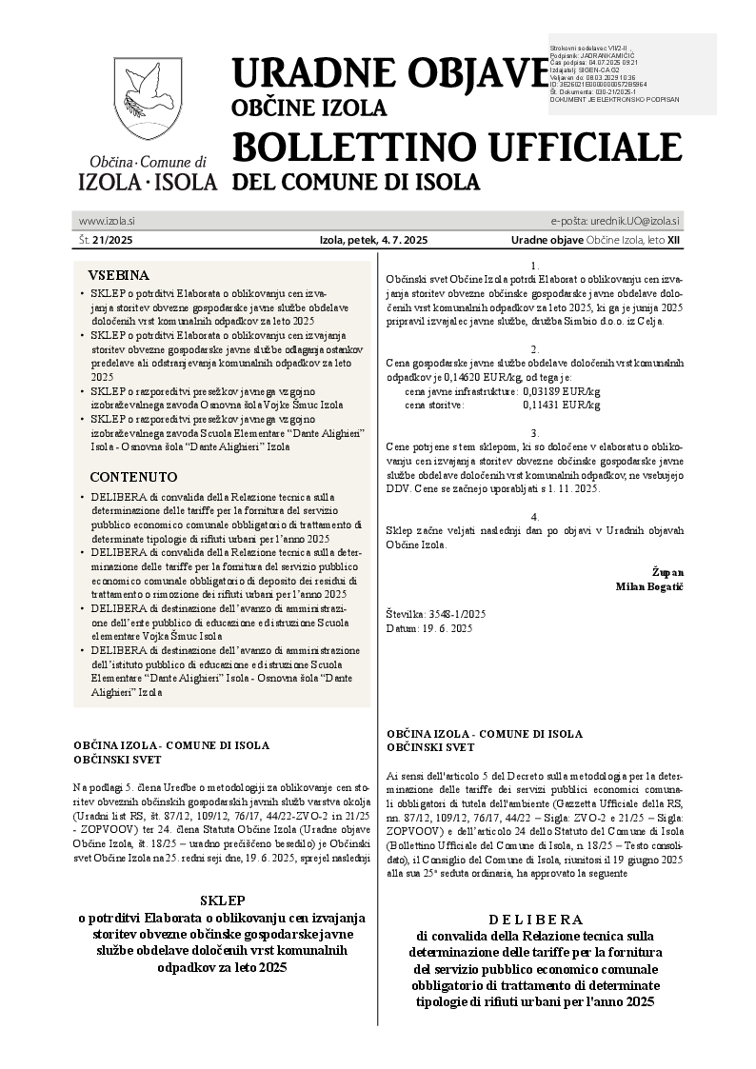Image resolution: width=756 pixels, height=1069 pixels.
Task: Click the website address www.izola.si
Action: point(107,221)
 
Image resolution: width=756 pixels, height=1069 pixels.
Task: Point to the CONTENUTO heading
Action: point(133,476)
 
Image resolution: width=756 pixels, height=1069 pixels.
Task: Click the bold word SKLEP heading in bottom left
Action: point(224,900)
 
